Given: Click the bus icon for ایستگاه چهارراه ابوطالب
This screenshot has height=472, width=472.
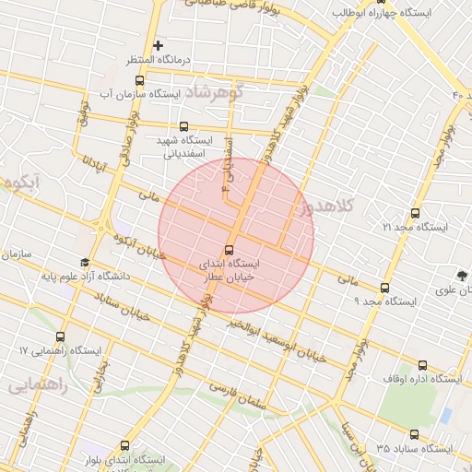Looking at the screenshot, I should click(x=381, y=2).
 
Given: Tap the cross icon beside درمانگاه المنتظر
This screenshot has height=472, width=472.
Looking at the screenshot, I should click(x=159, y=45).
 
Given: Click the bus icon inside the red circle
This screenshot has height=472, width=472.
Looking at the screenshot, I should click(x=230, y=250).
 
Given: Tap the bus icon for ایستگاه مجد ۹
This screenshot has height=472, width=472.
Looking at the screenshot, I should click(x=384, y=287).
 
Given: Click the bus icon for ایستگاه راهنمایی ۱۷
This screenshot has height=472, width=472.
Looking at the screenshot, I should click(x=62, y=336).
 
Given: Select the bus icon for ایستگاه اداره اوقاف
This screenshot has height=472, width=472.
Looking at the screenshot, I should click(x=422, y=365).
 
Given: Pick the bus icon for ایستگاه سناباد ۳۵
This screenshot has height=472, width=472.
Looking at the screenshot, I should click(x=413, y=434).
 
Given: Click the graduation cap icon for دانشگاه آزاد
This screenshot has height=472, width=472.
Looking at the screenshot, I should click(x=85, y=263).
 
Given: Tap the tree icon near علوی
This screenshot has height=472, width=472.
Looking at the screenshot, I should click(x=462, y=275).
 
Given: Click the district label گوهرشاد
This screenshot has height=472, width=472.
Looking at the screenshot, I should click(x=212, y=93).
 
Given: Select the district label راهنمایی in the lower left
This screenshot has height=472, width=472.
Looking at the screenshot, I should click(x=38, y=387).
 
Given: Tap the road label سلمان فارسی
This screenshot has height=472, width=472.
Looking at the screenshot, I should click(x=249, y=394).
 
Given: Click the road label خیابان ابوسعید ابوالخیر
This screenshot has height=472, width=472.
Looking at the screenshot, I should click(x=278, y=337).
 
